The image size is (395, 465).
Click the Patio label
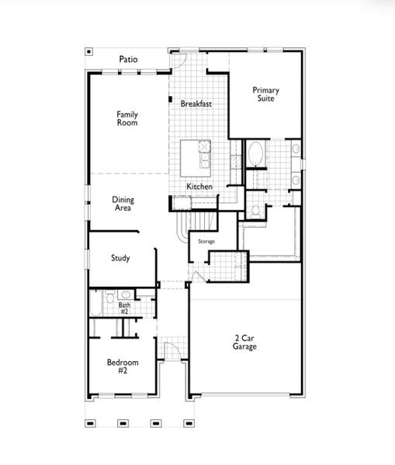(128, 59)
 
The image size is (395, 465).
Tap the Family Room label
(127, 118)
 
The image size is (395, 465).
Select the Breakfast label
(196, 104)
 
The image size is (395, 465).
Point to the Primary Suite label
(265, 95)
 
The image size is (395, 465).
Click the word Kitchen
(199, 187)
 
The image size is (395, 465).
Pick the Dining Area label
(122, 203)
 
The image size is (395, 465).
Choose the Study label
(120, 258)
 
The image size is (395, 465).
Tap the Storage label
(206, 242)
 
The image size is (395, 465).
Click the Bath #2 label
(124, 308)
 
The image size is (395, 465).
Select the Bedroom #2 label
(123, 366)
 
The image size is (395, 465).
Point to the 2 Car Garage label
(245, 342)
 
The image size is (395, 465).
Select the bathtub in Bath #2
(95, 305)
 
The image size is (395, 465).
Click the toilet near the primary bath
(255, 208)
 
